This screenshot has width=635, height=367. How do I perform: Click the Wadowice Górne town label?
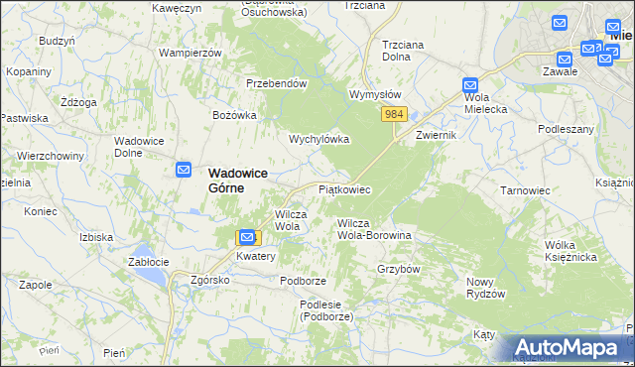[238, 180]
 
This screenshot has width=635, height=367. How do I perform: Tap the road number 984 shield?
[394, 115]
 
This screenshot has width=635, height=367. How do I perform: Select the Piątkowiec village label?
[344, 188]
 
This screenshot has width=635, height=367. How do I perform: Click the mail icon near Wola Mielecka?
[470, 86]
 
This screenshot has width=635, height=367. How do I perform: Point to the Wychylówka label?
[318, 140]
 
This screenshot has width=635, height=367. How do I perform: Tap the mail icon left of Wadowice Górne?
[184, 171]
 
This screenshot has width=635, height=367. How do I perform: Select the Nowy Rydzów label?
[486, 288]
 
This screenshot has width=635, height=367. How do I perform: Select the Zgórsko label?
[210, 280]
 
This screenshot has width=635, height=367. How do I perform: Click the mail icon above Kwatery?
[246, 237]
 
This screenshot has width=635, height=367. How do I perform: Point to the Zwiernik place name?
[437, 135]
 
